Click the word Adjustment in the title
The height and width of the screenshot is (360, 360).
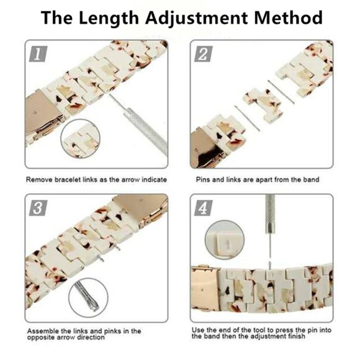196,19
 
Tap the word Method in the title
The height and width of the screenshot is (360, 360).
288,17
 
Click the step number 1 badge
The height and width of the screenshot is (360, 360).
38,54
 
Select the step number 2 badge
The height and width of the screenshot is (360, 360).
204,54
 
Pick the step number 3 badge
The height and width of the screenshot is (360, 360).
38,208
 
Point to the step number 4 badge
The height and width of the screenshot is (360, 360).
204,208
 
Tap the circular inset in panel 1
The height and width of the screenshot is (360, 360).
81,138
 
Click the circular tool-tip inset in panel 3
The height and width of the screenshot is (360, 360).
88,297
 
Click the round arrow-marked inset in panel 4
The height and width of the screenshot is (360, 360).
225,240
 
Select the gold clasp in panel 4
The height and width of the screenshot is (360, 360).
204,289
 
